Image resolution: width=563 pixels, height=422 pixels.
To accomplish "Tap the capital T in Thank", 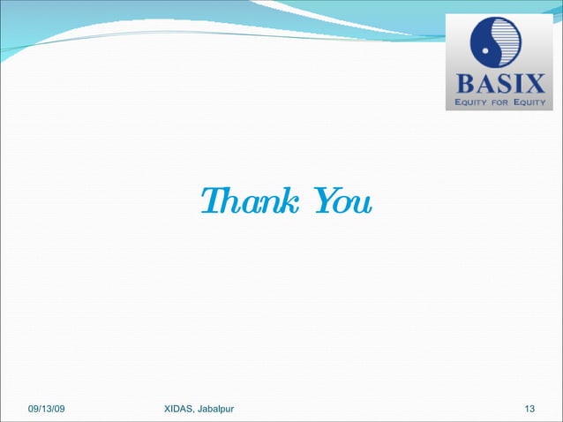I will (x=208, y=202).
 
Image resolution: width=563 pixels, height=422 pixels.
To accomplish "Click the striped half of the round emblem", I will (x=507, y=46).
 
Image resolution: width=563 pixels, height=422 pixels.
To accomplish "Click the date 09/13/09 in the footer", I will (x=51, y=408).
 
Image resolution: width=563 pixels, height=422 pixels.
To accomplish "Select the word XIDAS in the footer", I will (x=181, y=408).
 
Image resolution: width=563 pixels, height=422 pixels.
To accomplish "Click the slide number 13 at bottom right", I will (x=529, y=408).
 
